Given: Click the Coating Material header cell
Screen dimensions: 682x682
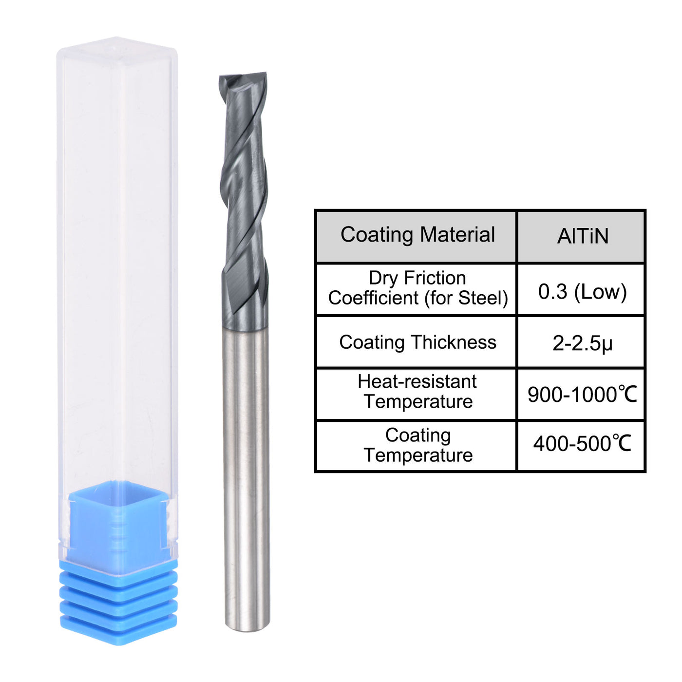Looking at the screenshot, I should coord(417,236).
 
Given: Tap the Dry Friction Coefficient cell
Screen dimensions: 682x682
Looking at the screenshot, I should coord(417,288).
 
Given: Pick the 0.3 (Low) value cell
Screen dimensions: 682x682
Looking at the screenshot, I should coord(582,291).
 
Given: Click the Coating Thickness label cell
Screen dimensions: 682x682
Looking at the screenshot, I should coord(417,342).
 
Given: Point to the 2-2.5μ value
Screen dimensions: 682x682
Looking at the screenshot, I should coord(582,343).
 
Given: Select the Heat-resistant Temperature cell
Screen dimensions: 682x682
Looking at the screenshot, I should coord(417,392).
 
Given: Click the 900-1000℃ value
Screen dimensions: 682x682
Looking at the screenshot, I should coord(582,394).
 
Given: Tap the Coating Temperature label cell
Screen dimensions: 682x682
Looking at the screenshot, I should coord(417,445).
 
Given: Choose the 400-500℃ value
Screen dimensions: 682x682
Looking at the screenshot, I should coord(582,444).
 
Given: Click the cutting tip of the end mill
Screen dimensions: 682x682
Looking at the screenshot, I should coord(243,79).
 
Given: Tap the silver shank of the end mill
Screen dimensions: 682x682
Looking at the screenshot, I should coord(246,463).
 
